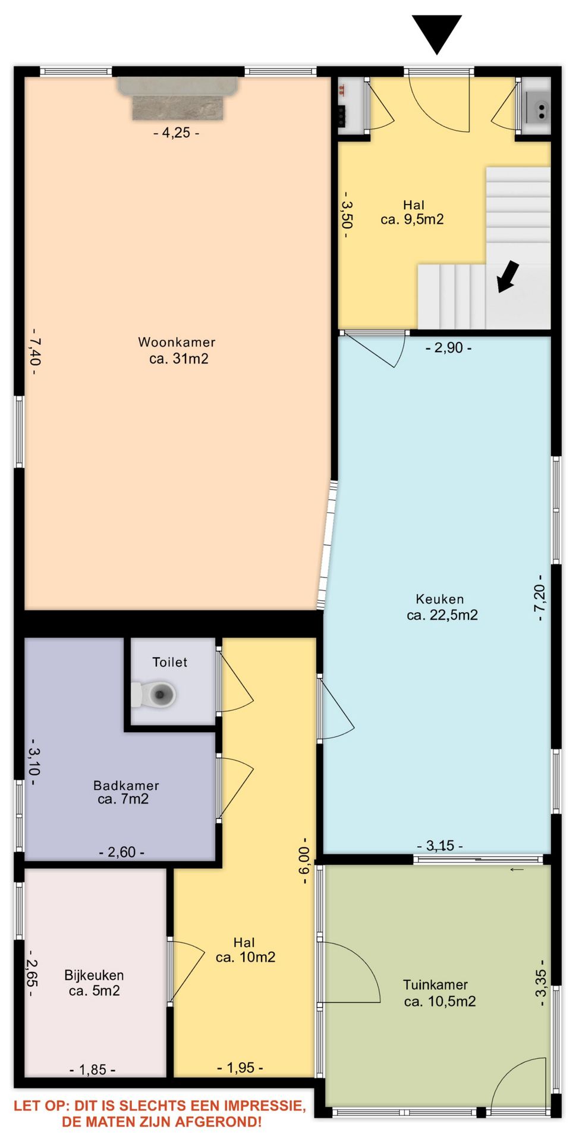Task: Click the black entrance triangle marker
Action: click(436, 33)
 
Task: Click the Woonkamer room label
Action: click(177, 350)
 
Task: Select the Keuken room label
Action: click(442, 607)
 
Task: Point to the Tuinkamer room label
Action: click(439, 993)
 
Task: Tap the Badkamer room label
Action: click(125, 792)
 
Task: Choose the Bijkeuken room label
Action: click(94, 983)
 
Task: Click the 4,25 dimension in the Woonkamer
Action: click(176, 133)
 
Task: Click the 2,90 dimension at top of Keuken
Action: click(449, 347)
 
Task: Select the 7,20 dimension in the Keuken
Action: click(540, 598)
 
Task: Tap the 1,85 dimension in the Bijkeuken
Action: click(92, 1069)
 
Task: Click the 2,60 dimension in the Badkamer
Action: click(121, 852)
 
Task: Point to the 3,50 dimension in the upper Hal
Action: click(347, 215)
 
